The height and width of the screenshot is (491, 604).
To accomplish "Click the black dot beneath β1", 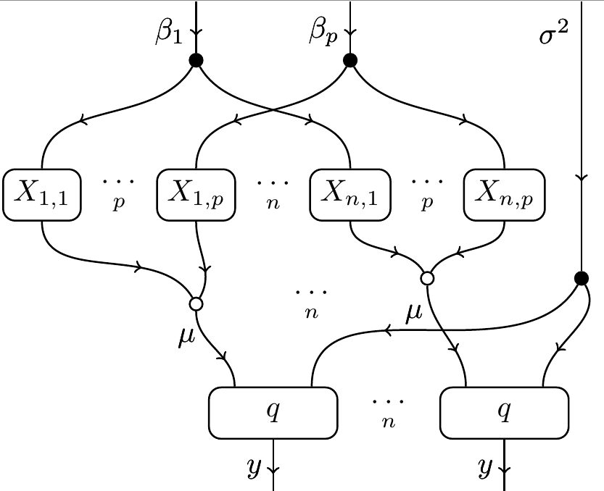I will tap(195, 60).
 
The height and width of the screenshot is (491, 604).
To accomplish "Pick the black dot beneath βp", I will tap(350, 60).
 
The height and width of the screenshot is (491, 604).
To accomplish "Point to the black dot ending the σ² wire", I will tap(581, 277).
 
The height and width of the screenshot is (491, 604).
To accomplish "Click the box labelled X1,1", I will tap(42, 194).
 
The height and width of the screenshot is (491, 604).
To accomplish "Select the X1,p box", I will tap(196, 194).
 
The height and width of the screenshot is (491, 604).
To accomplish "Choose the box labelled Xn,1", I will tap(349, 194).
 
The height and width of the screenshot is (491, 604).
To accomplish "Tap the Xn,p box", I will tap(503, 194).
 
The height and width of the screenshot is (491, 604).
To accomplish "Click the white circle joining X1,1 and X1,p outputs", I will tap(195, 303).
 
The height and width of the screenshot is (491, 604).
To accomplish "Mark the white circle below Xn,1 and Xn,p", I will tap(427, 277).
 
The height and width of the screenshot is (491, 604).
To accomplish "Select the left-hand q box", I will tap(273, 413).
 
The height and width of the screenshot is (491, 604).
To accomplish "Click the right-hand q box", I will tap(504, 413).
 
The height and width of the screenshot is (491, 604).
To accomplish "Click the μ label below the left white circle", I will tap(186, 336).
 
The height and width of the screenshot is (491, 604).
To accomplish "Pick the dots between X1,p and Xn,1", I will tap(273, 190).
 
